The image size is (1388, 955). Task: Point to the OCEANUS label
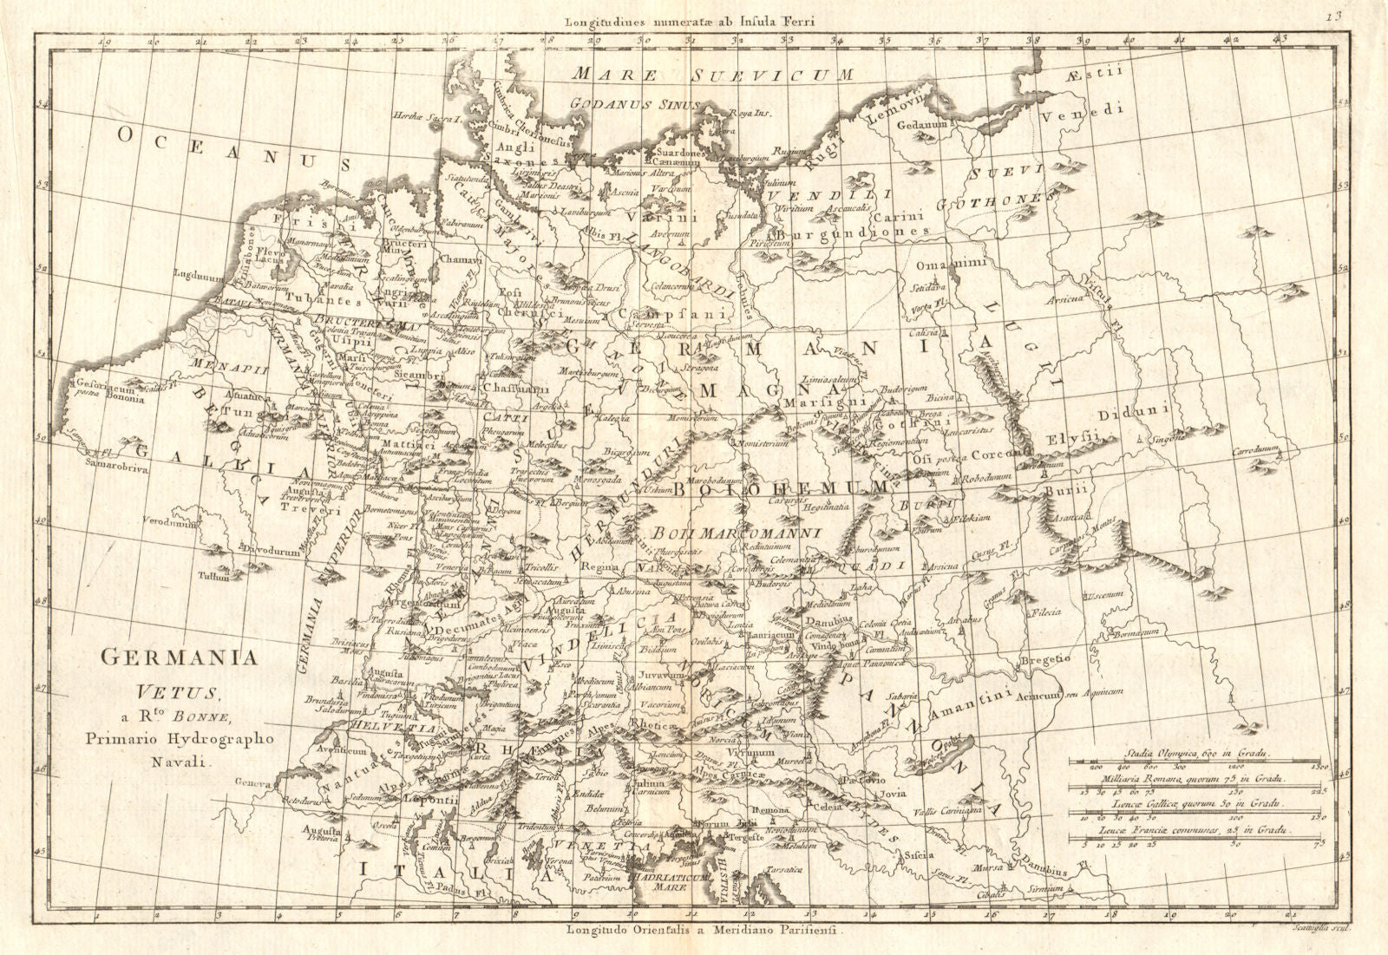pos(234,147)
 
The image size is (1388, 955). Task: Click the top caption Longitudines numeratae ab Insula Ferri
pos(690,23)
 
